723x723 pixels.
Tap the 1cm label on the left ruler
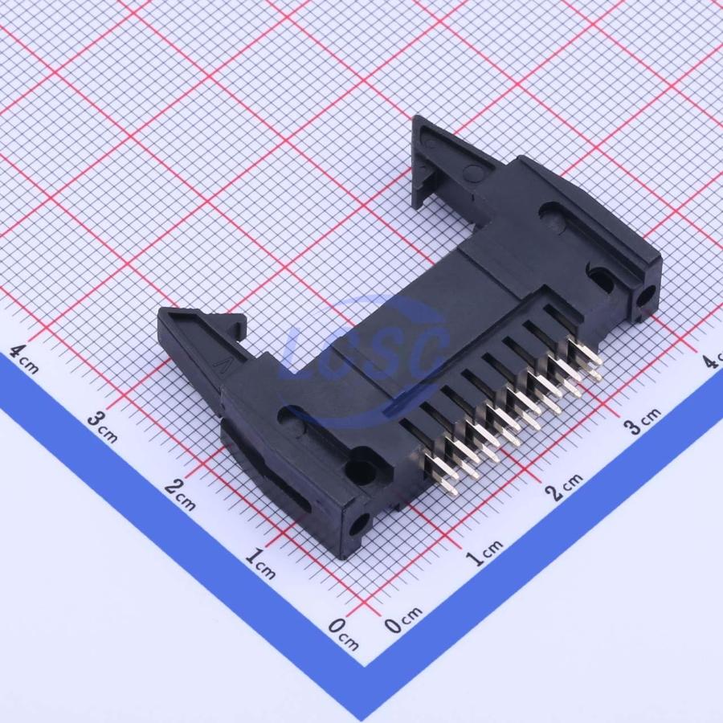tap(260, 563)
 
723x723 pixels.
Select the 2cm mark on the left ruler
tap(180, 495)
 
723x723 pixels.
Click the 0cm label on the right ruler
tap(403, 619)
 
